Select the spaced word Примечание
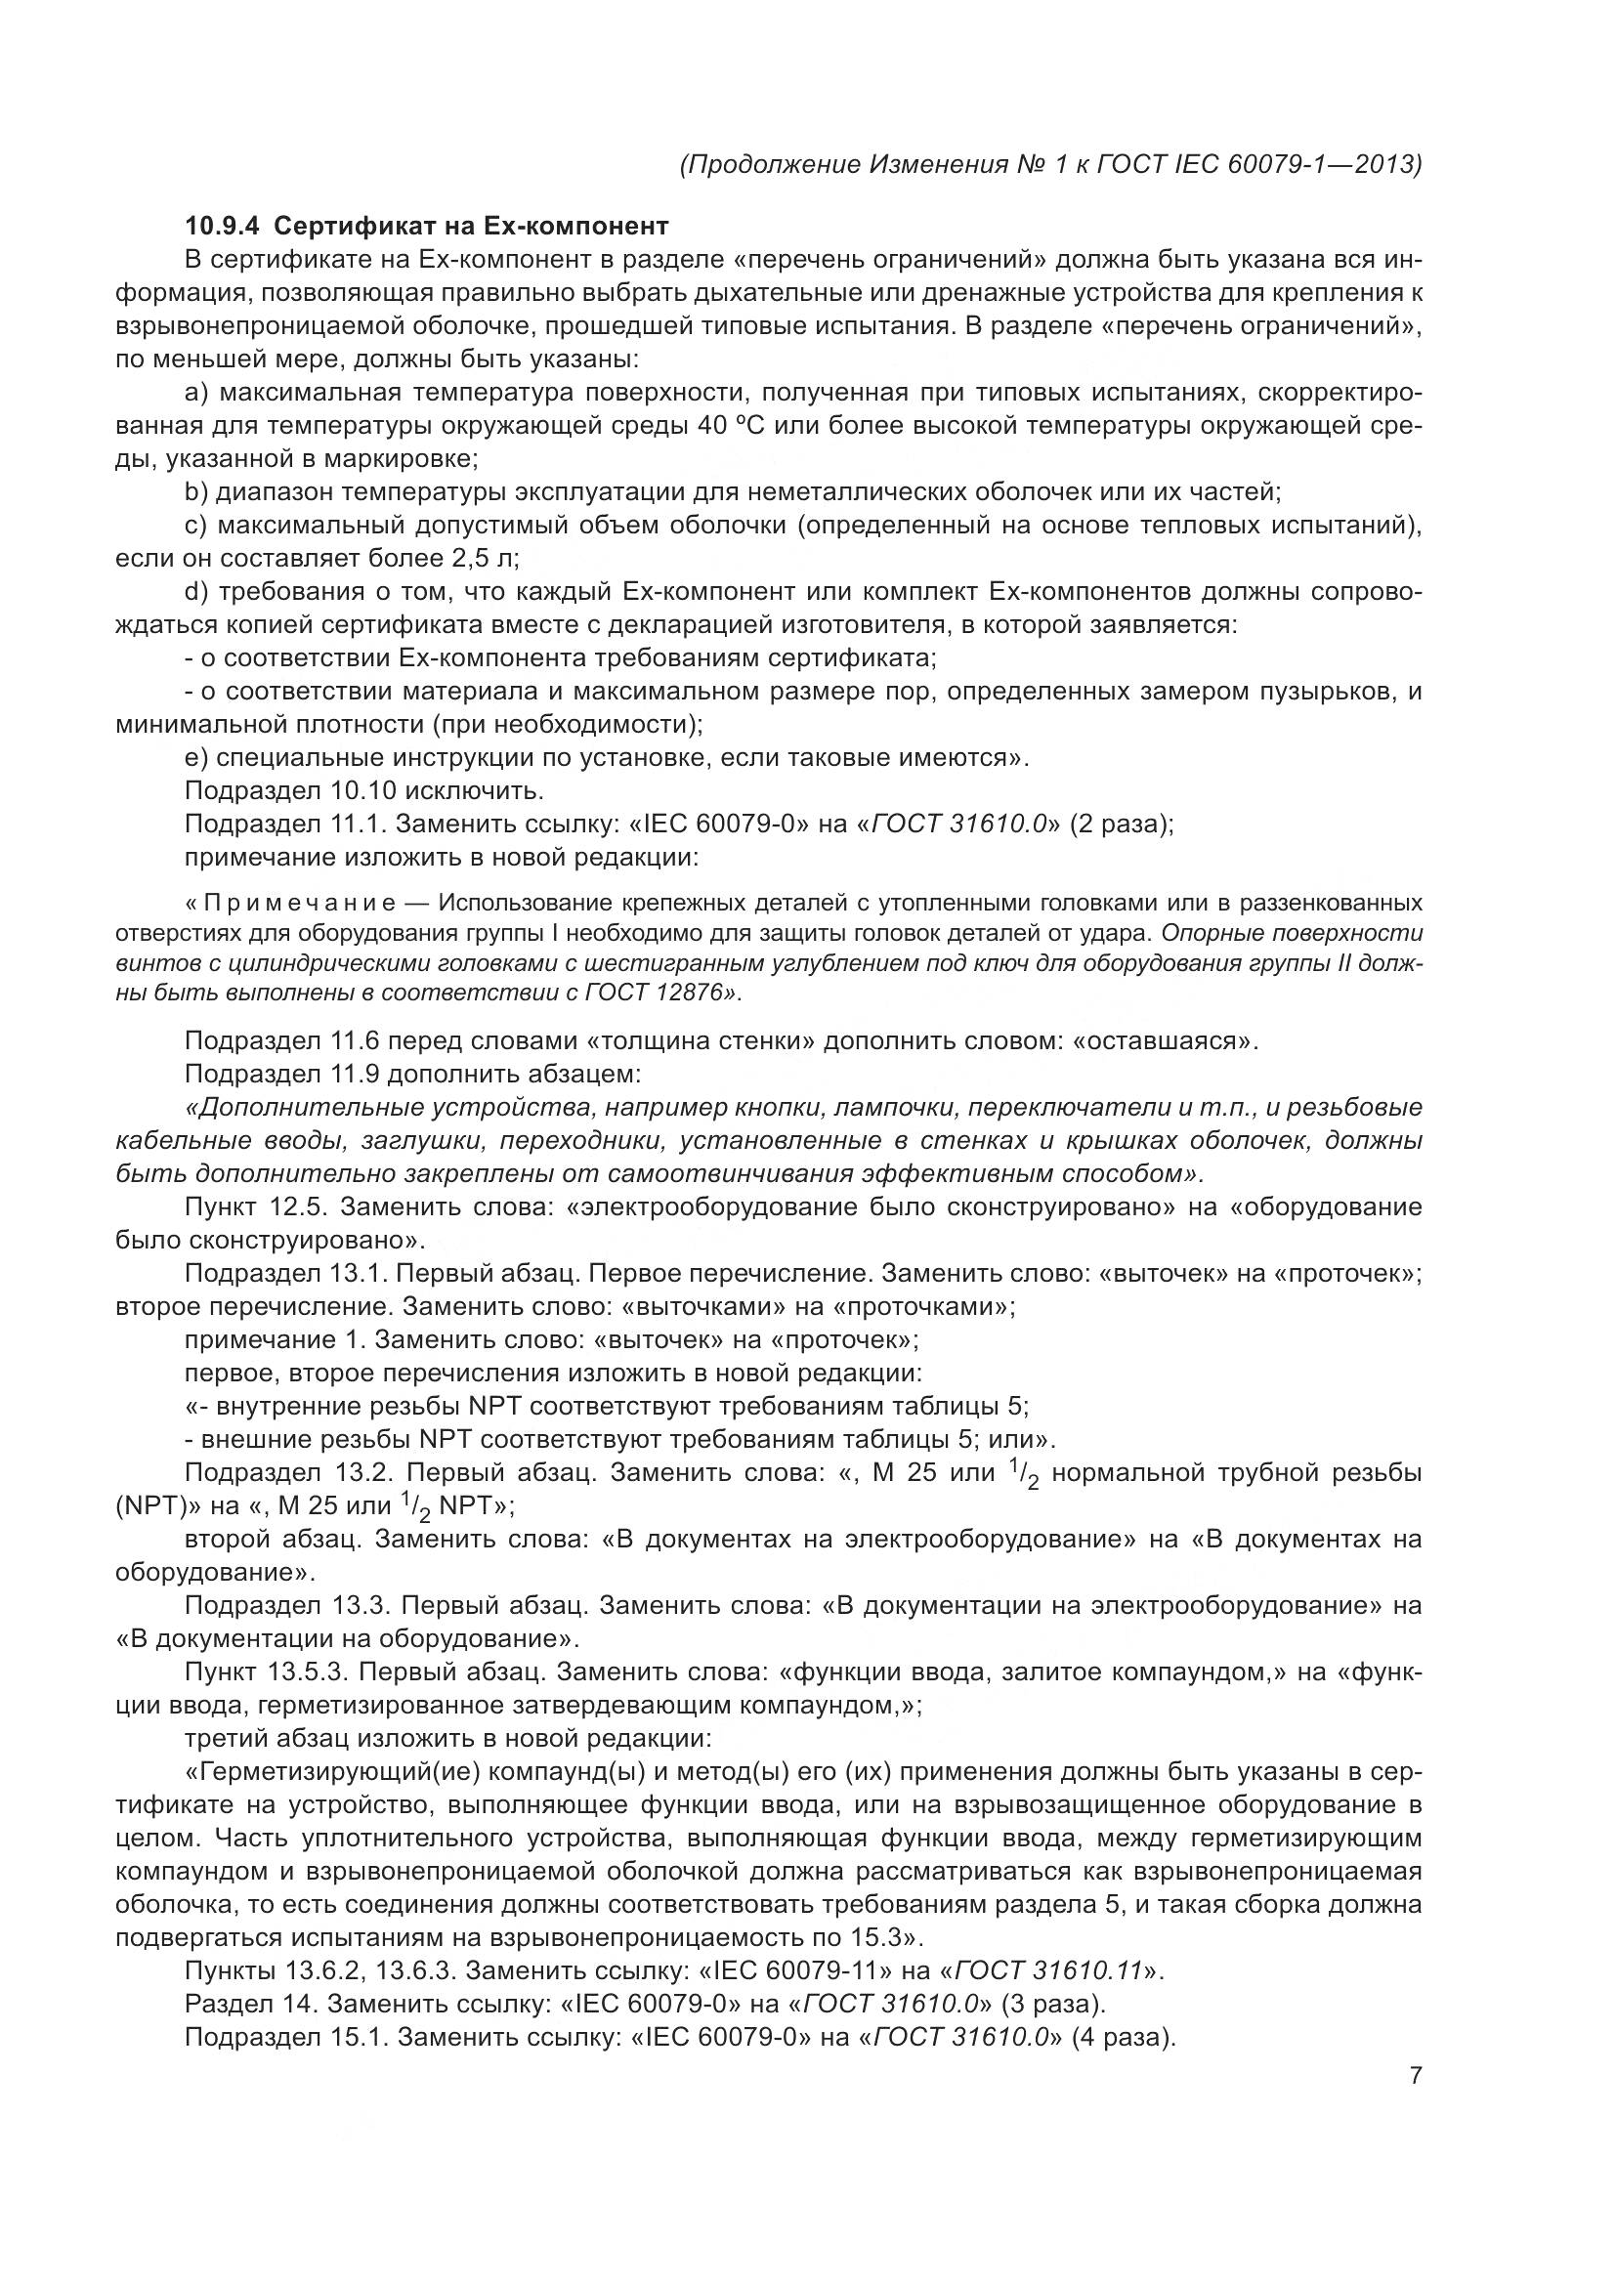pyautogui.click(x=300, y=903)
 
